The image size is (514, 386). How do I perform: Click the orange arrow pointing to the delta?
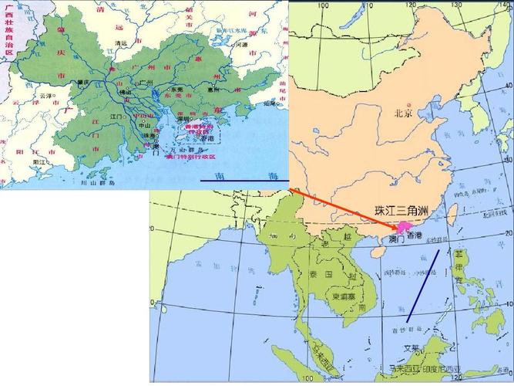coord(343,207)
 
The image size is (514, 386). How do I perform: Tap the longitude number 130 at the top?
coord(476,5)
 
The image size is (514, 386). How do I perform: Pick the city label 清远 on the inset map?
coord(119,43)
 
